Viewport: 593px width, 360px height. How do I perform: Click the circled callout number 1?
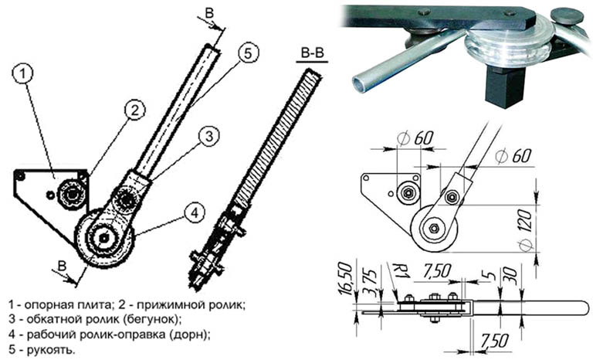point(22,74)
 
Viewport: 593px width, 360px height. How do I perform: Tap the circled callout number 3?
point(209,136)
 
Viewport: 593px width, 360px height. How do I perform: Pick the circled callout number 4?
point(194,212)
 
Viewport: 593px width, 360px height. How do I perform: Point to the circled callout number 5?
point(247,53)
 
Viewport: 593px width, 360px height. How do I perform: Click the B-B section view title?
point(313,53)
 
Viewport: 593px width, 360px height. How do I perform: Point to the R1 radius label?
point(400,271)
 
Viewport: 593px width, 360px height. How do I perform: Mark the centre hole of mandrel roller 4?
point(103,238)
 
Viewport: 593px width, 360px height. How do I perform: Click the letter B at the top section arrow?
point(209,13)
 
